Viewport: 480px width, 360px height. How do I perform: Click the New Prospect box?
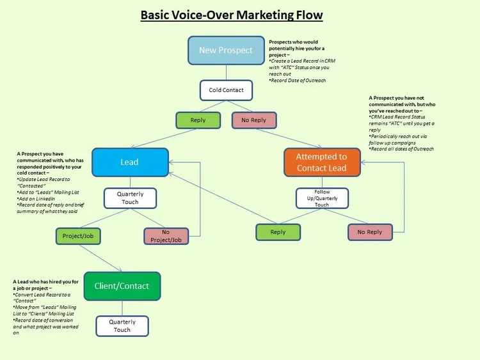tap(226, 51)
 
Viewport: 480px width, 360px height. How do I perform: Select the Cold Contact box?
tap(226, 90)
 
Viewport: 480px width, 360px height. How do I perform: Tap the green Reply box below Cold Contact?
tap(198, 120)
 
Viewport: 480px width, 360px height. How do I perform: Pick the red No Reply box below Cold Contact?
tap(253, 120)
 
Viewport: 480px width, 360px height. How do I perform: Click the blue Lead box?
tap(130, 162)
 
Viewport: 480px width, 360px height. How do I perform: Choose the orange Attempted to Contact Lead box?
tap(321, 162)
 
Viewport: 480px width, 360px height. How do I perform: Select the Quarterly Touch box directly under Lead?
tap(130, 198)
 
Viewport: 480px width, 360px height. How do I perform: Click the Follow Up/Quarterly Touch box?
tap(321, 198)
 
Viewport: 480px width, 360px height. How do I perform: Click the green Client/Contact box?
tap(122, 286)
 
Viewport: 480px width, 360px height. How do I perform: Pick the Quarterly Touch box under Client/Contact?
tap(122, 325)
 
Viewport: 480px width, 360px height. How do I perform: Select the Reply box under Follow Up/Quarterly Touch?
tap(278, 232)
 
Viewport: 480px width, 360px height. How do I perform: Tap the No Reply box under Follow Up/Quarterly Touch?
tap(369, 232)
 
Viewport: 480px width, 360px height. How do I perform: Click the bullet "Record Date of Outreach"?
tap(298, 81)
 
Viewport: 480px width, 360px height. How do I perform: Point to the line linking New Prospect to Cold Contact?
tap(226, 72)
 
